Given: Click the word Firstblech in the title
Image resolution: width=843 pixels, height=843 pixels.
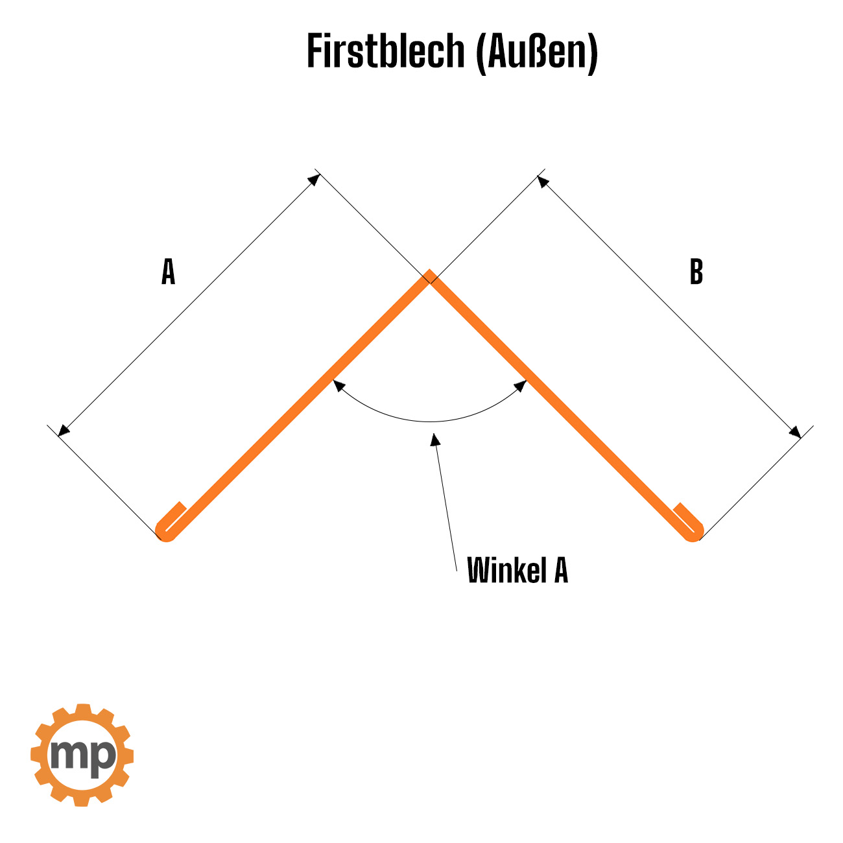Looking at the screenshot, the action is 385,51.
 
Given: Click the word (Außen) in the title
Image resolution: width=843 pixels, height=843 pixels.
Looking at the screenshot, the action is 536,53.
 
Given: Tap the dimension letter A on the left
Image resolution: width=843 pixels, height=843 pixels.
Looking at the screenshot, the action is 169,272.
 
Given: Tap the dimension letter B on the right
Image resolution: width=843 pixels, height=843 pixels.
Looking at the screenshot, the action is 696,272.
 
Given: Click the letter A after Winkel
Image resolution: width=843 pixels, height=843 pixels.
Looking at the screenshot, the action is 561,569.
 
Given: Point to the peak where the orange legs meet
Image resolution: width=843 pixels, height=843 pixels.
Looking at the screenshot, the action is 429,270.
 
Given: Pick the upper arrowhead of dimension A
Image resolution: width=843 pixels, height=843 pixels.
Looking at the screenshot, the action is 315,180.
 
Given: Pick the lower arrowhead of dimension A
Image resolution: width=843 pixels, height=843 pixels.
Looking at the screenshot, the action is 64,431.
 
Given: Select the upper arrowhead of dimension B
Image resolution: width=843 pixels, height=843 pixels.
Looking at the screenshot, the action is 543,181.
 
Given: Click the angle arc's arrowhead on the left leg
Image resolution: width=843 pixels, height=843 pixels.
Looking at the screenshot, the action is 339,385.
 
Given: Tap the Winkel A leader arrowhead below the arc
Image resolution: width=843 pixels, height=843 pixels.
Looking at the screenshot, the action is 434,439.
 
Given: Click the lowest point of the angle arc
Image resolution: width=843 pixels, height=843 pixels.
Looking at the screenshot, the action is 431,421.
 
